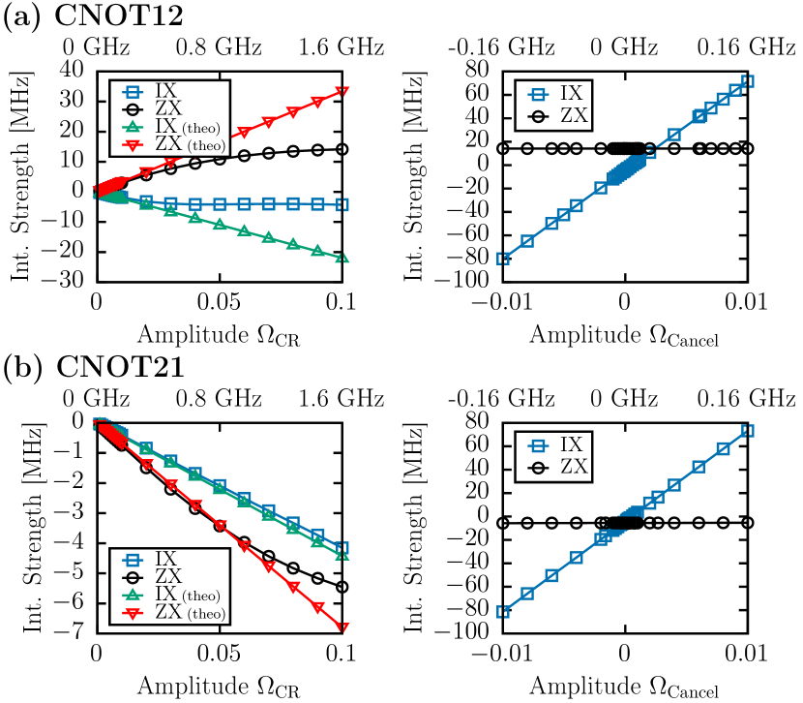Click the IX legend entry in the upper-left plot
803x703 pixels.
pos(164,92)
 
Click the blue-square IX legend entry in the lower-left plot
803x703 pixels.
pos(164,560)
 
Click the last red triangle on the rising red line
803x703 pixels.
pos(342,92)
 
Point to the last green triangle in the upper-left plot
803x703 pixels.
pos(342,259)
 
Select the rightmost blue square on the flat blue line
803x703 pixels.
pos(342,204)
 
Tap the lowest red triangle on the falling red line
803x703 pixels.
pos(342,627)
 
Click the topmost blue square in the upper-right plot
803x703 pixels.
pos(747,80)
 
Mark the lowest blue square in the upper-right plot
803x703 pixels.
pos(503,258)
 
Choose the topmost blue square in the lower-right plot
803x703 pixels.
pos(747,430)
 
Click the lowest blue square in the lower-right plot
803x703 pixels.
pos(503,611)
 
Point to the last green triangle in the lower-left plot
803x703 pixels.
pos(342,553)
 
